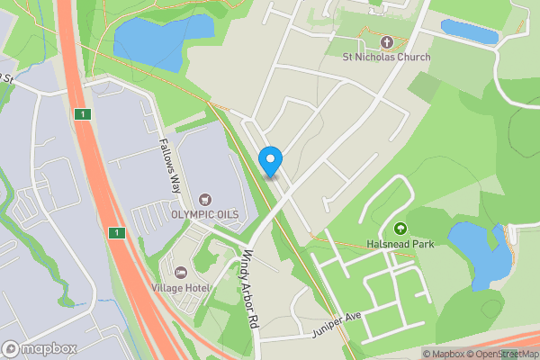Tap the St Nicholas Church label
tap(386, 57)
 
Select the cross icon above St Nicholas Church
tap(387, 42)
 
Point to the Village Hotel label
tap(181, 287)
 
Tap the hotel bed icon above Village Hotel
tap(181, 272)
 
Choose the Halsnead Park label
tap(400, 244)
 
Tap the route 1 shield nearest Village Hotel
tap(116, 233)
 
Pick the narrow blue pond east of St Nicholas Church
tap(469, 32)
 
